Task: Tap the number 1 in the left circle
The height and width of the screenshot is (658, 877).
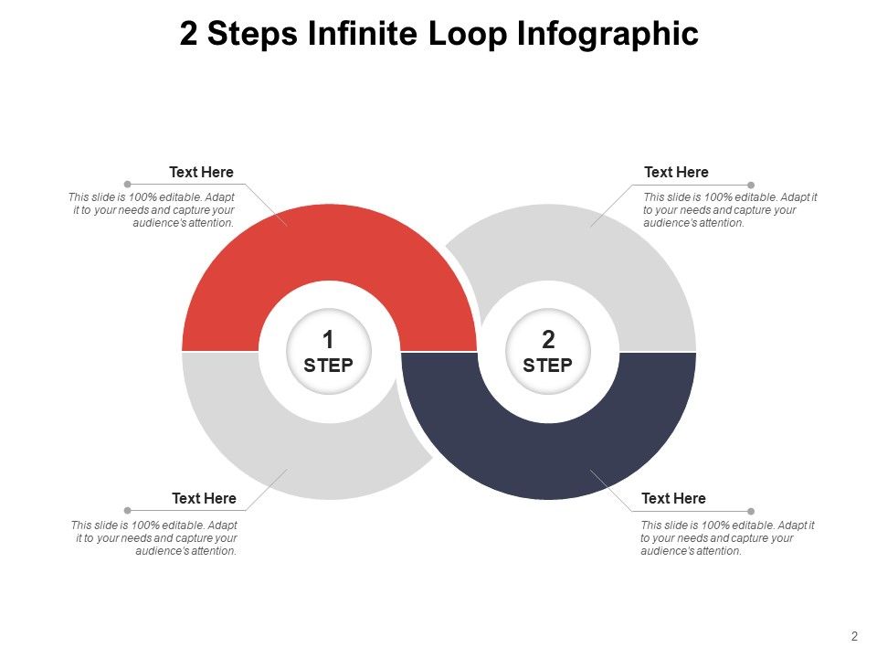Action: tap(329, 340)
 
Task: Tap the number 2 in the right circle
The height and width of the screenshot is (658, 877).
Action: tap(548, 340)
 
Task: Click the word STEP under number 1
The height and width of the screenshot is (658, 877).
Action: tap(329, 366)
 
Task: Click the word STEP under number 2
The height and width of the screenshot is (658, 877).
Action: tap(548, 366)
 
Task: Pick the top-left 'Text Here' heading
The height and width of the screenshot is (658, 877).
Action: tap(201, 172)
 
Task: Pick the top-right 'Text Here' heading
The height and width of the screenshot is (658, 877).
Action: tap(676, 172)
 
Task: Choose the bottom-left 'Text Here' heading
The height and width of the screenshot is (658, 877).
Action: tap(204, 498)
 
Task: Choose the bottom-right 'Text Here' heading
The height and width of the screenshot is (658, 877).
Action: tap(673, 498)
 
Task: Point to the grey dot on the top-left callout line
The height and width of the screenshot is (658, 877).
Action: tap(127, 185)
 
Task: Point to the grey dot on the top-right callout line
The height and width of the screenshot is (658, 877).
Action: tap(751, 185)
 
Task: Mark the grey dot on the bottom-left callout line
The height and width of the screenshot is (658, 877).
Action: tap(127, 511)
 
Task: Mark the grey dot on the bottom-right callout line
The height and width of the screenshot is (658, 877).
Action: tap(751, 511)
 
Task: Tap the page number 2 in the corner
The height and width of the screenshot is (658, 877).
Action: tap(854, 636)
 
